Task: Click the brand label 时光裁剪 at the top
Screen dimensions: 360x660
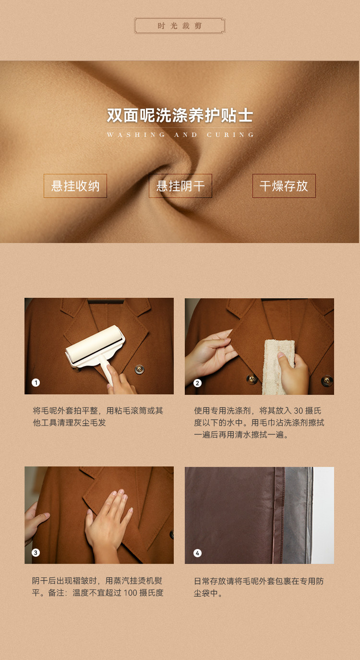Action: click(180, 26)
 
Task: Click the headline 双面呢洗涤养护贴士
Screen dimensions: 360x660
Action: click(180, 115)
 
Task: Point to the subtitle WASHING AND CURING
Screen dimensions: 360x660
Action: click(180, 134)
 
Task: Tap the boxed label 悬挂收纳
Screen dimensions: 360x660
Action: click(75, 186)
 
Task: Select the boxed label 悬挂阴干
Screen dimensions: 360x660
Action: click(180, 186)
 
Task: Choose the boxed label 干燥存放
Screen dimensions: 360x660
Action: click(284, 186)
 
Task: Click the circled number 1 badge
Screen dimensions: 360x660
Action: click(36, 383)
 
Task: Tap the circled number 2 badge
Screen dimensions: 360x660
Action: click(197, 383)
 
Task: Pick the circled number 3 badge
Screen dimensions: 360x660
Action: click(36, 552)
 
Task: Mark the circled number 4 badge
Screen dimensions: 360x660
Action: click(197, 553)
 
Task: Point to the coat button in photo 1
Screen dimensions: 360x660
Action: click(139, 369)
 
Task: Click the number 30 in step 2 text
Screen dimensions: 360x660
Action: click(298, 410)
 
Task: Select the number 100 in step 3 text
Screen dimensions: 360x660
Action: click(130, 593)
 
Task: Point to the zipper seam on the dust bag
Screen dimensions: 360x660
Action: click(278, 515)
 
